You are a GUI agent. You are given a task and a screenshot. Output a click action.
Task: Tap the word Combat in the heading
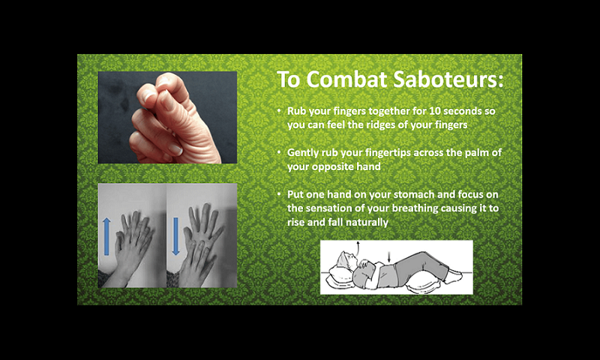347,79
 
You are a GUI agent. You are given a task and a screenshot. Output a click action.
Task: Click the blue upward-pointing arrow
106,236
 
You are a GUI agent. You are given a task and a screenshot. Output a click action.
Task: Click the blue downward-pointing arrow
175,236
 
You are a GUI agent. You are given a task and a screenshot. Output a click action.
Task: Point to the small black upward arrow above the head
358,248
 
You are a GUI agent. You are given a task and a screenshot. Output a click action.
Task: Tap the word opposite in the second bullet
332,167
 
